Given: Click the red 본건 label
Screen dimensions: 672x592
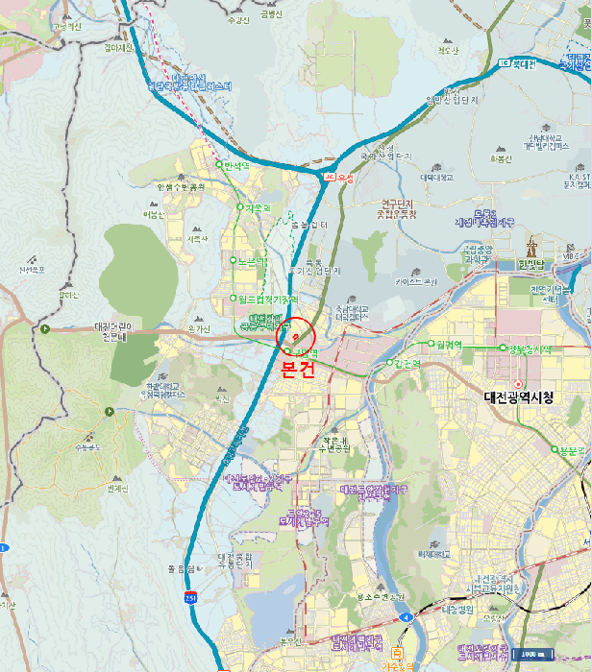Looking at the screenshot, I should click(x=296, y=372).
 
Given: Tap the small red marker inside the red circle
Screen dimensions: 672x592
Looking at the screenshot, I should click(x=295, y=337).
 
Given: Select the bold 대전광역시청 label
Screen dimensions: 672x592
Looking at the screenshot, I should click(x=519, y=397).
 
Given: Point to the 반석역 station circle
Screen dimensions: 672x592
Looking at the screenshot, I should click(x=220, y=165).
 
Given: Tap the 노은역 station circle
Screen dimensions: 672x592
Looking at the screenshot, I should click(x=233, y=259).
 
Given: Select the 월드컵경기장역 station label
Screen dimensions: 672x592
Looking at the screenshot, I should click(x=262, y=300).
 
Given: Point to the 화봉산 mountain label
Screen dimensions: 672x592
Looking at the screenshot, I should click(x=502, y=158).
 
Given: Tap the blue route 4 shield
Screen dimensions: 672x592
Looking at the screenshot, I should click(x=407, y=616).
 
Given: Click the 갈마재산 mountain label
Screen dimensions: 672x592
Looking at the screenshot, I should click(x=121, y=46).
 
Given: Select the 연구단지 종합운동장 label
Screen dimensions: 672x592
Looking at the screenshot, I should click(x=396, y=208).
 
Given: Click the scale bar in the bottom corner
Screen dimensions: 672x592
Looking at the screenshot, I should click(x=529, y=655).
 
